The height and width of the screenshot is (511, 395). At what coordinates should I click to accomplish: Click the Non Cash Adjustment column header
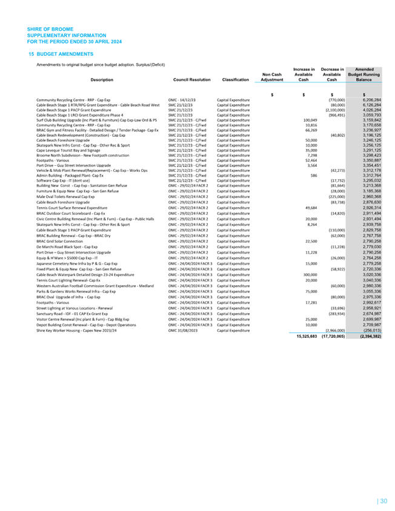coord(273,76)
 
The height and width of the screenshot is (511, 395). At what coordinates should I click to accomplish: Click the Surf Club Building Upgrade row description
coord(96,120)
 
